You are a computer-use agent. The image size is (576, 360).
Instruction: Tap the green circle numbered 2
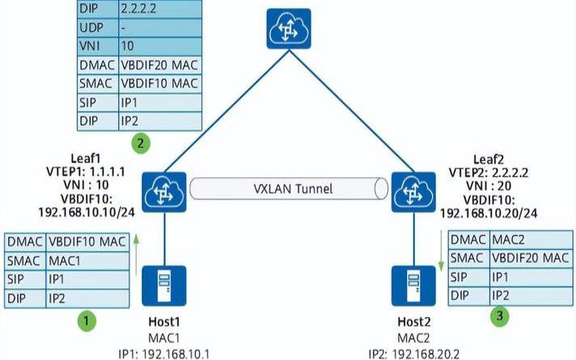[141, 144]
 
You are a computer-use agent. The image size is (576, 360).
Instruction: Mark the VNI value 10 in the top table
[159, 46]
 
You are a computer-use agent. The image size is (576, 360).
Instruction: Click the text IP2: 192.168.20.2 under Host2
[413, 352]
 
